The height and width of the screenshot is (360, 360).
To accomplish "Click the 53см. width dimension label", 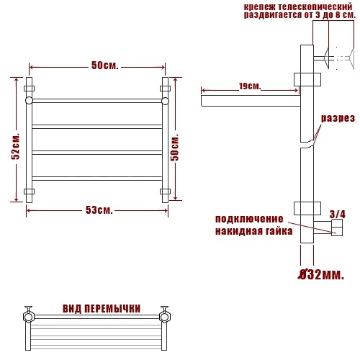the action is [x=99, y=210].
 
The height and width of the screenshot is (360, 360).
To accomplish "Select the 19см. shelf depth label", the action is [x=250, y=86].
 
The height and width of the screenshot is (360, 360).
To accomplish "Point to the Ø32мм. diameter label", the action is [x=321, y=275].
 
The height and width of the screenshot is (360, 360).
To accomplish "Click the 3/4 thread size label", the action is [x=338, y=215].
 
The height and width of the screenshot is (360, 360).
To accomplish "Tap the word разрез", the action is [x=338, y=118].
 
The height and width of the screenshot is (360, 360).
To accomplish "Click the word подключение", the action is [x=249, y=219].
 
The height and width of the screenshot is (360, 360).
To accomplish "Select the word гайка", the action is [x=279, y=231].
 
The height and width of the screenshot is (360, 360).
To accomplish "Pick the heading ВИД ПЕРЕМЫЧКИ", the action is [x=102, y=309].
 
